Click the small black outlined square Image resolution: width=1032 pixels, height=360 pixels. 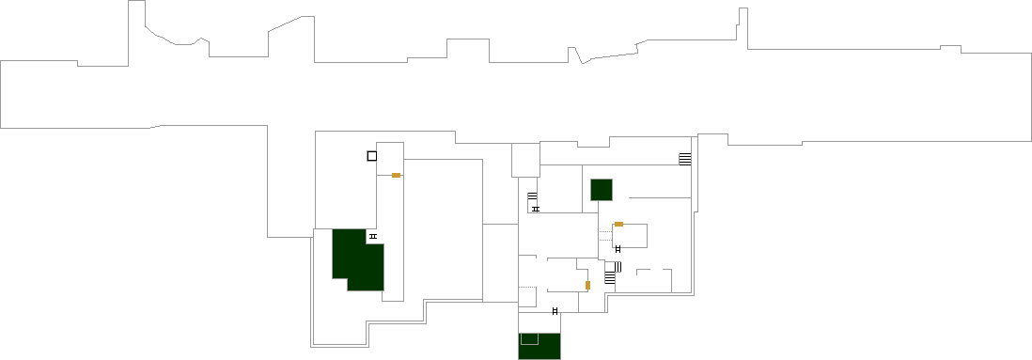pyautogui.click(x=372, y=156)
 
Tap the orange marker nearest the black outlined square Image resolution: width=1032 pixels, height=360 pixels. pyautogui.click(x=397, y=176)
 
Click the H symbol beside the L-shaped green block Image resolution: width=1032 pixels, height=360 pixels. pyautogui.click(x=373, y=237)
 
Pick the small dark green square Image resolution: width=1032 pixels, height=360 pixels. pyautogui.click(x=602, y=189)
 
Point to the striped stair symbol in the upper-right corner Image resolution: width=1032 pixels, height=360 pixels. pyautogui.click(x=685, y=159)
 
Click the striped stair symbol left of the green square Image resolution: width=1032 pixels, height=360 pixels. pyautogui.click(x=532, y=196)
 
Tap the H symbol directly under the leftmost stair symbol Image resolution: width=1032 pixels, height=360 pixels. pyautogui.click(x=536, y=209)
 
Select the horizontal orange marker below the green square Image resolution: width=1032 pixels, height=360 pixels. pyautogui.click(x=618, y=224)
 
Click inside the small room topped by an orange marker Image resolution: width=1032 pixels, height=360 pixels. pyautogui.click(x=630, y=236)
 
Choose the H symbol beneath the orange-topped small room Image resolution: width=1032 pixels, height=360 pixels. pyautogui.click(x=618, y=249)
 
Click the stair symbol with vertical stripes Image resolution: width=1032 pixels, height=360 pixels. pyautogui.click(x=618, y=267)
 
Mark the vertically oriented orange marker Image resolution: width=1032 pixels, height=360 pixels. pyautogui.click(x=587, y=285)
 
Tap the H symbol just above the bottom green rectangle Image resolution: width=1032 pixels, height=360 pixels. pyautogui.click(x=555, y=310)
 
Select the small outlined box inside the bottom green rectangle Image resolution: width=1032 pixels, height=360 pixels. pyautogui.click(x=529, y=338)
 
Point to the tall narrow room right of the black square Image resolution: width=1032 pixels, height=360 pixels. pyautogui.click(x=390, y=226)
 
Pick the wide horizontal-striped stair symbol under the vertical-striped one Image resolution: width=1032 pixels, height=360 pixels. pyautogui.click(x=609, y=278)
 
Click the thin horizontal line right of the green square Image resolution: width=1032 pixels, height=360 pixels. pyautogui.click(x=659, y=197)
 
